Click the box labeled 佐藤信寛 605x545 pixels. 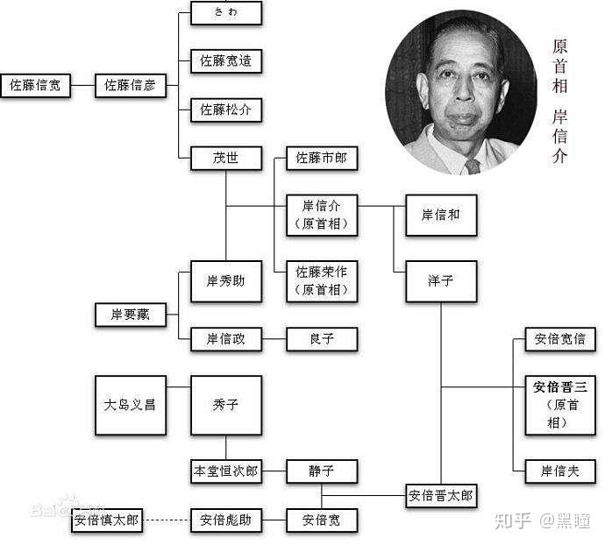click(35, 85)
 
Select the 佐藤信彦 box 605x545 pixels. click(129, 85)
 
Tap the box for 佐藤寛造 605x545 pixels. click(225, 60)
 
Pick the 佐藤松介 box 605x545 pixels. click(225, 110)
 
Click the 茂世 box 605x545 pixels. click(225, 159)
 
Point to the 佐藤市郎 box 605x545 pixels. click(322, 159)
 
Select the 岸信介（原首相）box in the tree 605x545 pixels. click(322, 215)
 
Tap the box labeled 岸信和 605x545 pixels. click(440, 215)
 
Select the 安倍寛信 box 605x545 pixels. click(560, 339)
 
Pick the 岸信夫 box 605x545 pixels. click(560, 471)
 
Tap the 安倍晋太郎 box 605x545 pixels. click(440, 496)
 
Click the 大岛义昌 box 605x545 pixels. click(129, 405)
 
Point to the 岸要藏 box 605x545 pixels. click(129, 314)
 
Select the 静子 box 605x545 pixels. click(322, 471)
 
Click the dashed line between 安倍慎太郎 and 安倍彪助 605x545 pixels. click(167, 520)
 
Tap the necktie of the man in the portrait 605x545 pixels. click(473, 166)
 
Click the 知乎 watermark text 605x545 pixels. click(513, 521)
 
